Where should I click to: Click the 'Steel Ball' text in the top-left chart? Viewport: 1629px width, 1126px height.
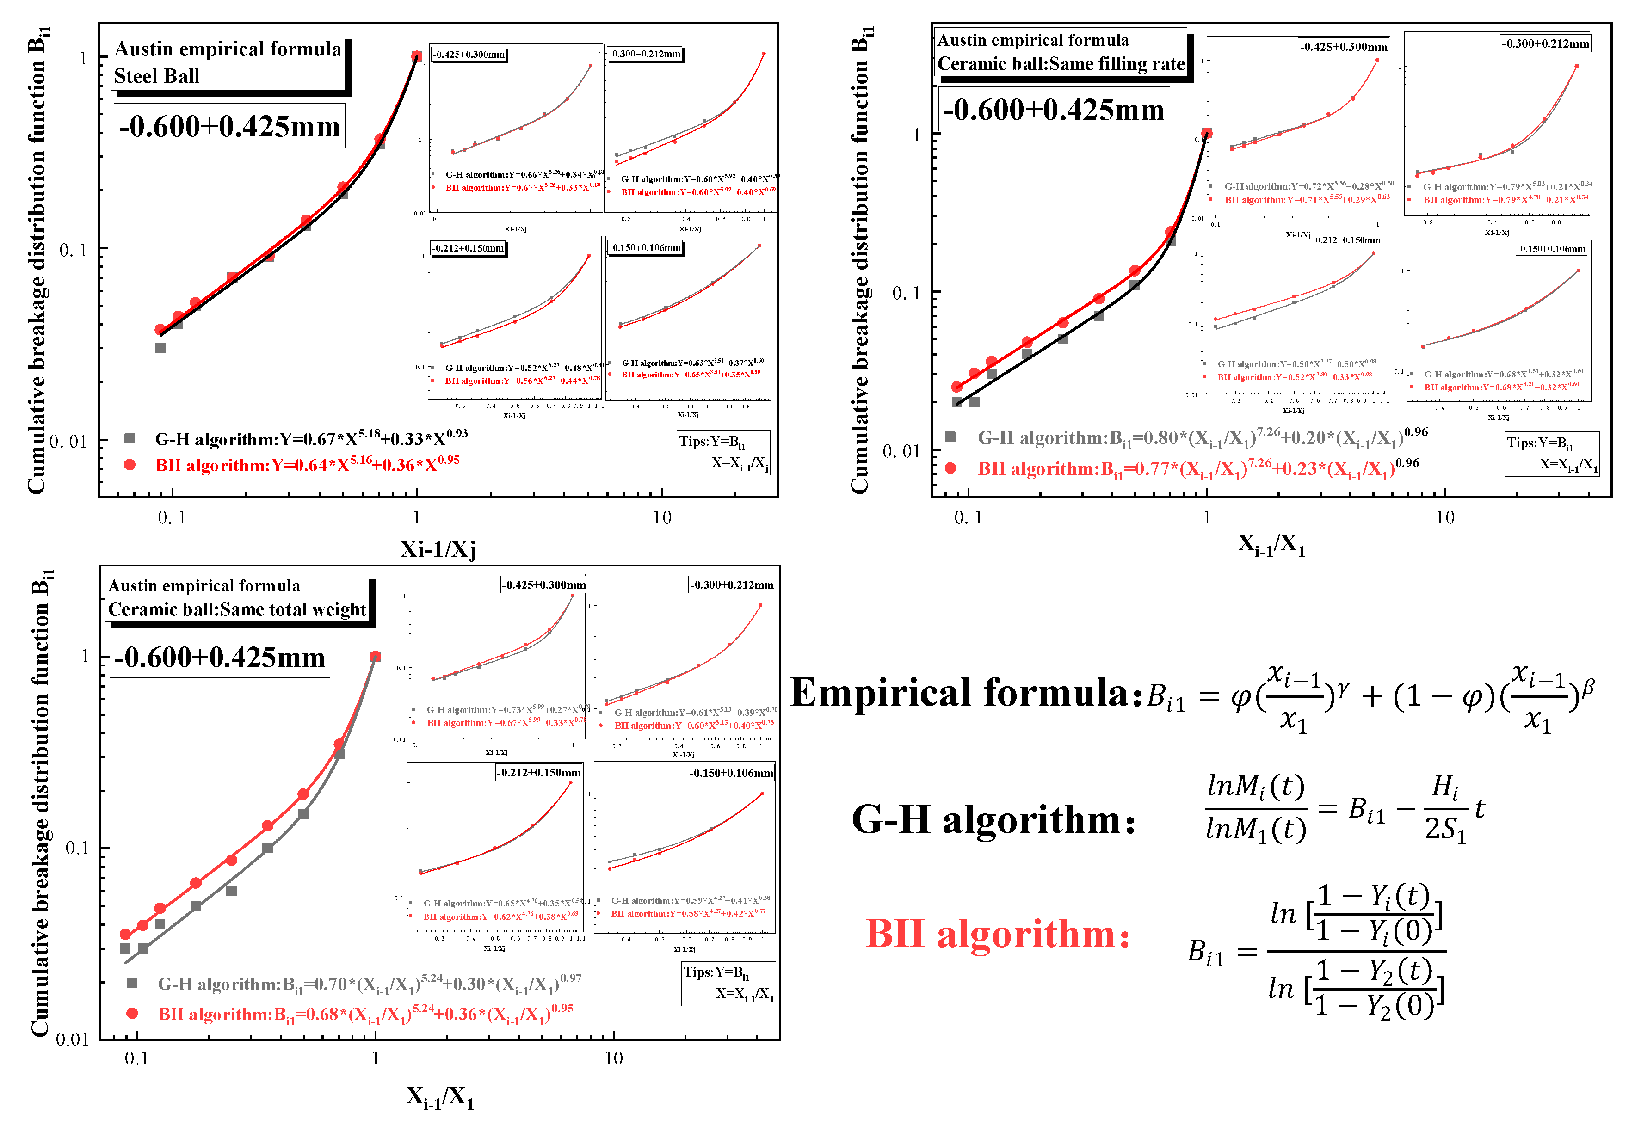[157, 76]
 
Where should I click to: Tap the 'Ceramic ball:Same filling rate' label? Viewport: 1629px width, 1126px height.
[1061, 64]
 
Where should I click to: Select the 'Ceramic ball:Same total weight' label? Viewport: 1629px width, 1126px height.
[237, 609]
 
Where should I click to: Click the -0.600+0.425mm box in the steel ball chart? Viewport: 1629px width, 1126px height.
[229, 126]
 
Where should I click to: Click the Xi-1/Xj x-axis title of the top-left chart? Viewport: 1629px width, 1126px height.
[438, 549]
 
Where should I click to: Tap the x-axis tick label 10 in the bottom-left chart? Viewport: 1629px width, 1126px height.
[613, 1058]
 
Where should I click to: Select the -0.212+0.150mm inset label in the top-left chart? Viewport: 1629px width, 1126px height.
[469, 248]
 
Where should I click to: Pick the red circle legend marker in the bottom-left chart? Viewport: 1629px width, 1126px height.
[132, 1014]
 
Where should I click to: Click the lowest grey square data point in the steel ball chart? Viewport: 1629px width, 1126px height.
[160, 348]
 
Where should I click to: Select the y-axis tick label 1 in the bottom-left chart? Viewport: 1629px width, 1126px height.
[86, 656]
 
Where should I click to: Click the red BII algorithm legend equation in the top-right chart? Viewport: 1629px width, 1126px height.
[1197, 468]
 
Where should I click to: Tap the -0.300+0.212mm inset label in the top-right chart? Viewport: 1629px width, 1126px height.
[1545, 44]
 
